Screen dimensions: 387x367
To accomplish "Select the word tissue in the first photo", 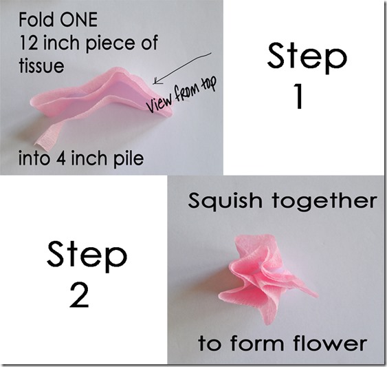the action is coord(41,65).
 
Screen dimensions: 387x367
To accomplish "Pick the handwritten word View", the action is coord(159,102).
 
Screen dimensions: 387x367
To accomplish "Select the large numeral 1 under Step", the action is coord(299,96).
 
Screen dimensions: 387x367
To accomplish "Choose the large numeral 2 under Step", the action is coord(79,295).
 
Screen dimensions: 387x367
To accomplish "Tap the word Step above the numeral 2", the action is coord(87,257).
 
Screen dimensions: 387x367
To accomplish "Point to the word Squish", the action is coord(225,201).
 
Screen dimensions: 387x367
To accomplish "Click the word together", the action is coord(325,201).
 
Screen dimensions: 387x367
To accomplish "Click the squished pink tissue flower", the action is coord(266,277).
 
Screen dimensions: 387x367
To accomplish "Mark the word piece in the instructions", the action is coord(111,44).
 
